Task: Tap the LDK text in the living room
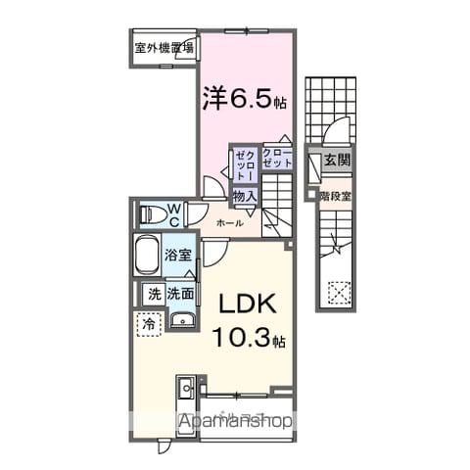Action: pyautogui.click(x=250, y=304)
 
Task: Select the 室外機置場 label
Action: pyautogui.click(x=164, y=45)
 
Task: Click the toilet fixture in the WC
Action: pyautogui.click(x=152, y=213)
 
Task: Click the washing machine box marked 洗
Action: pyautogui.click(x=154, y=293)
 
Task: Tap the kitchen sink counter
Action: pyautogui.click(x=187, y=397)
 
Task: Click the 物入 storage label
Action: pyautogui.click(x=245, y=196)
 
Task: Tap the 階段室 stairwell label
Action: pyautogui.click(x=335, y=194)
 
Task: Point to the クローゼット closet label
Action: pyautogui.click(x=276, y=157)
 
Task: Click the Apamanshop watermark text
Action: pyautogui.click(x=235, y=422)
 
